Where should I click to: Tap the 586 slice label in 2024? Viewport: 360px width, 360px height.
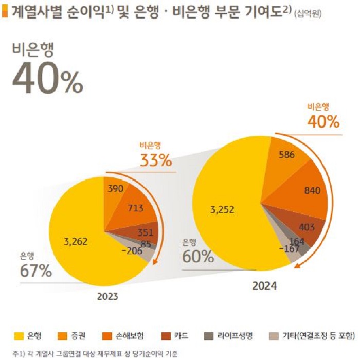287,154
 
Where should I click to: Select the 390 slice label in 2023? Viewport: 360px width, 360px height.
115,189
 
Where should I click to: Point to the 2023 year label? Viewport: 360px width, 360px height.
107,297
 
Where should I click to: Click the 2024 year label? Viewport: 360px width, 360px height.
264,285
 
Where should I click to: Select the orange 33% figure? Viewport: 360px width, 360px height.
156,160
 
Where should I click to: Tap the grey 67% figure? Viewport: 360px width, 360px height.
36,271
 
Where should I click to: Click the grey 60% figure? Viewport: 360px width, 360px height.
197,256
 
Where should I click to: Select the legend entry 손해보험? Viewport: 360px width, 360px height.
129,336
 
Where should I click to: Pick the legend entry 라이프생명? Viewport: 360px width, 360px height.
235,336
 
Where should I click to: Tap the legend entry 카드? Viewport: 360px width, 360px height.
181,336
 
